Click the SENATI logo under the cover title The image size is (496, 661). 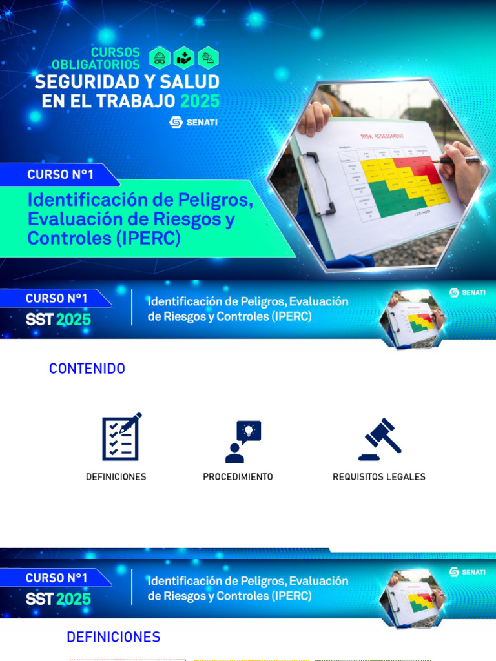(193, 122)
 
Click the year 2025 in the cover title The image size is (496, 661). (200, 101)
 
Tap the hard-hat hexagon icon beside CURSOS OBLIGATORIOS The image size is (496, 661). (160, 58)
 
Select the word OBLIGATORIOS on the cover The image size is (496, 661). (96, 65)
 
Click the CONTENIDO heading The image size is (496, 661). (87, 369)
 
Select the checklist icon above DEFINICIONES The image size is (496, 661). (121, 437)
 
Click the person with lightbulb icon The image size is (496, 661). (243, 442)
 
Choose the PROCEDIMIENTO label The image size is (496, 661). (238, 477)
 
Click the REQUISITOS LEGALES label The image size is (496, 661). (379, 477)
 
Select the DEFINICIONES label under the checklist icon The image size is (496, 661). (116, 477)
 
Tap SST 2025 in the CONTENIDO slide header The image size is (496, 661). (58, 319)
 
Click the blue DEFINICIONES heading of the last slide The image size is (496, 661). (114, 637)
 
